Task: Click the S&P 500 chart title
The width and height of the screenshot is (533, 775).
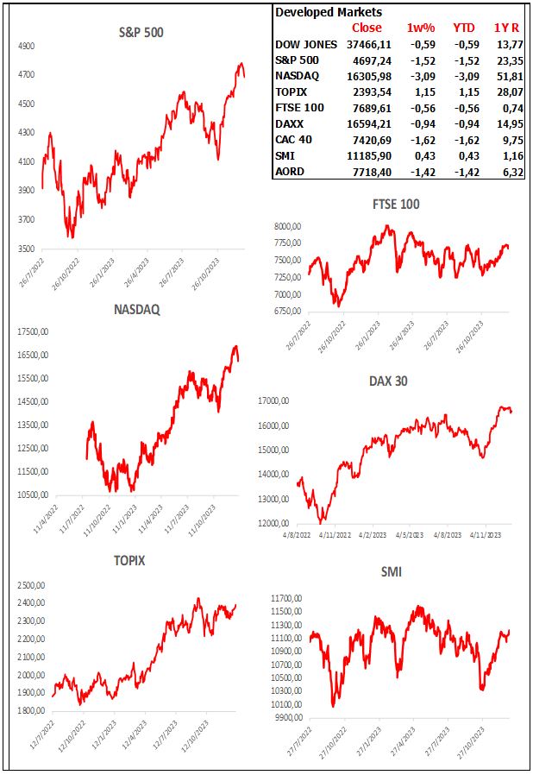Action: click(x=141, y=33)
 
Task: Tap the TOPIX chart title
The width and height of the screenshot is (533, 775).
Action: click(x=129, y=560)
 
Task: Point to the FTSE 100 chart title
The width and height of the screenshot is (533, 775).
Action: click(x=396, y=204)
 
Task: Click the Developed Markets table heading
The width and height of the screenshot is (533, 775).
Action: click(x=328, y=12)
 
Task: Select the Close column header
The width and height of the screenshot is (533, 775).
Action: click(x=367, y=28)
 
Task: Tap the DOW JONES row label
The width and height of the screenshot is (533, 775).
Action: click(x=307, y=44)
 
